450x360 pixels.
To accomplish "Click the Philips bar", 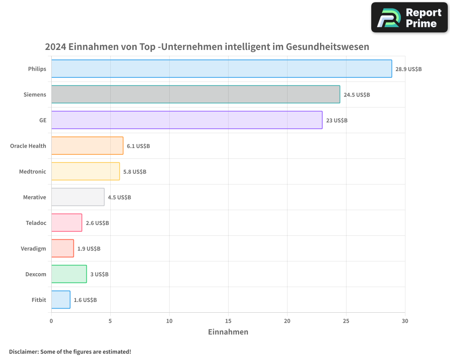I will coord(221,69).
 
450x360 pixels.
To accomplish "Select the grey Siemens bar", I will coord(195,94).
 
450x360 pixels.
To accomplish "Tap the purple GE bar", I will coord(187,120).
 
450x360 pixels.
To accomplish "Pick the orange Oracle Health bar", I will coord(87,146).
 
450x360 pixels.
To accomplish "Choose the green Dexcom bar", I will coord(69,274).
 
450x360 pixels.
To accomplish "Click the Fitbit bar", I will coord(61,300).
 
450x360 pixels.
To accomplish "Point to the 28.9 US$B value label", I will coord(409,69).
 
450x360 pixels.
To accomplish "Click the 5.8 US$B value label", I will coord(135,172).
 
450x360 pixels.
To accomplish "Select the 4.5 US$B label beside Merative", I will coord(119,198).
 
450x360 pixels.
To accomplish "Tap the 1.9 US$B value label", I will coord(89,249).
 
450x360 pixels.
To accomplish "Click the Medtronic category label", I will coord(32,171).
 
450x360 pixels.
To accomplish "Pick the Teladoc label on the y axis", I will coord(36,223).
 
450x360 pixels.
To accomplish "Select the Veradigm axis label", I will coord(33,248).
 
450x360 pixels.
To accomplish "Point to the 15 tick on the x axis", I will coord(228,321).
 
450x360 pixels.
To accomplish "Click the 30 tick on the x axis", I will coord(405,321).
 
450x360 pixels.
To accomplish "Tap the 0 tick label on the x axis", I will coord(51,321).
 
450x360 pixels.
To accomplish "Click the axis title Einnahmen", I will coord(228,332).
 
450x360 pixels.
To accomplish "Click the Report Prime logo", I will coord(409,18).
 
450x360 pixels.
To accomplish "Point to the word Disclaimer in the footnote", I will coord(23,351).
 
